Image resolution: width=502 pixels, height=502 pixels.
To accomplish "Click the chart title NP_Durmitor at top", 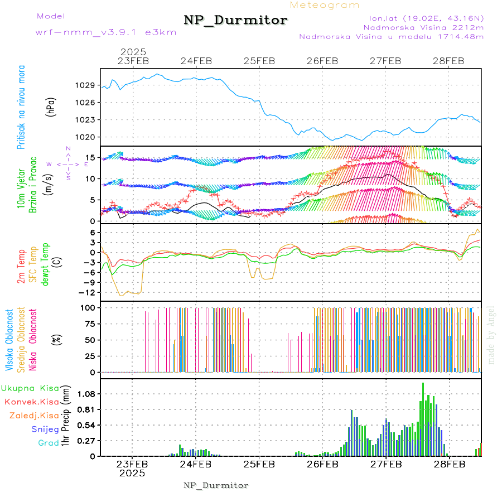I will coord(235,21).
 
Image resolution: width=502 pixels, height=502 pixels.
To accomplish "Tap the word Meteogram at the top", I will coord(325,5).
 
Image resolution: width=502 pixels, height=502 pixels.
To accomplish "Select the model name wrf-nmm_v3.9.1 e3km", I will coord(105,32).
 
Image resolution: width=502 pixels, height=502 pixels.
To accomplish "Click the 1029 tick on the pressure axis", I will coord(85,85).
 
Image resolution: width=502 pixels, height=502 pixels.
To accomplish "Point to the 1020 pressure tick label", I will coord(85,137).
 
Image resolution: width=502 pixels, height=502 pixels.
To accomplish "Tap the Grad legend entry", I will coord(49,443).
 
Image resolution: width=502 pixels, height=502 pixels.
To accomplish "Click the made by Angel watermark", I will coord(491,335).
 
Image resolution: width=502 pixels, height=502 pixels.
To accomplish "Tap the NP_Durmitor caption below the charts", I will coord(216,485).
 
